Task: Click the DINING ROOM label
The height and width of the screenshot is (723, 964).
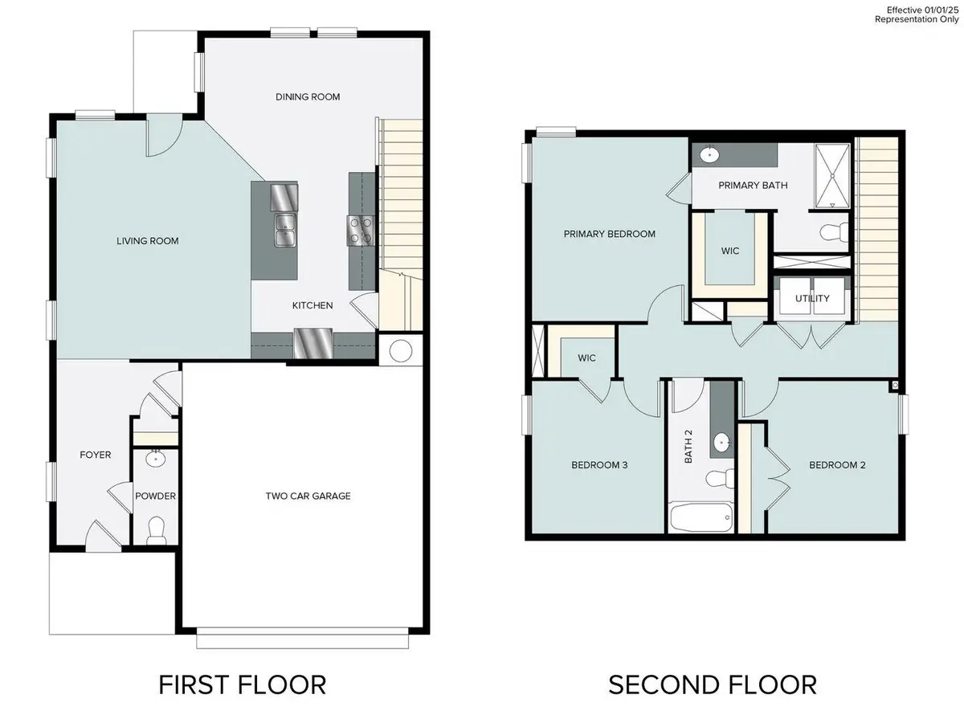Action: (308, 97)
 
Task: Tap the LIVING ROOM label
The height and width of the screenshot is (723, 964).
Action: (148, 241)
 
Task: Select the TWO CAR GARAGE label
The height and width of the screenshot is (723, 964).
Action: (308, 496)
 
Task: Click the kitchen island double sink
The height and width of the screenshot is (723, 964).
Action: (284, 231)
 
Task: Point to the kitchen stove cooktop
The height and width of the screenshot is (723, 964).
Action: (359, 231)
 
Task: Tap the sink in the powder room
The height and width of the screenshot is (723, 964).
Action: (154, 459)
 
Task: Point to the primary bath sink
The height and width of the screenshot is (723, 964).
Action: (710, 154)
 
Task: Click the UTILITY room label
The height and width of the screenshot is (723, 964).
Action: (812, 299)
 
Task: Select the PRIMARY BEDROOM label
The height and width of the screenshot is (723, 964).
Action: (609, 235)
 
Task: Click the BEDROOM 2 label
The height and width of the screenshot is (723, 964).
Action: (837, 465)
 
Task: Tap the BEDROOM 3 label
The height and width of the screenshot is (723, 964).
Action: (599, 465)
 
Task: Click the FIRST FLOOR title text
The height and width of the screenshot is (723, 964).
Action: (242, 684)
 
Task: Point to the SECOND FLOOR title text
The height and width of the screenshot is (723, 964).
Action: (712, 684)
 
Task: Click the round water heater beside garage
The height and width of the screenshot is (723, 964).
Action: (401, 350)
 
